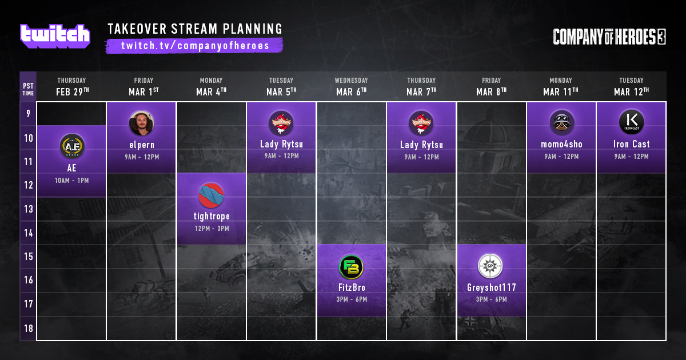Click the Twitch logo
(55, 37)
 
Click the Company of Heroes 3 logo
(609, 37)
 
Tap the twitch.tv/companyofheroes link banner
(194, 46)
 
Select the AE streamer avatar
(72, 146)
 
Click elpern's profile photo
(142, 123)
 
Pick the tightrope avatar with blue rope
(212, 195)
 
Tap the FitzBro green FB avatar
(351, 267)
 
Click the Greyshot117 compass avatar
(490, 266)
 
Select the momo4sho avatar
(561, 123)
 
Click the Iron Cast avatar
(632, 122)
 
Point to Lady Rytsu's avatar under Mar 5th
(281, 123)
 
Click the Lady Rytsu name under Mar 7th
(421, 145)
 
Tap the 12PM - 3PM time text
(212, 229)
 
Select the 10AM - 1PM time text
(71, 181)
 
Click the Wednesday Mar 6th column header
(351, 87)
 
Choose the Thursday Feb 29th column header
(72, 87)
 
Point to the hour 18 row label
(29, 329)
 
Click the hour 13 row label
(29, 209)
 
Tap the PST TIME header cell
(28, 89)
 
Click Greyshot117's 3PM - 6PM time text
(491, 299)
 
